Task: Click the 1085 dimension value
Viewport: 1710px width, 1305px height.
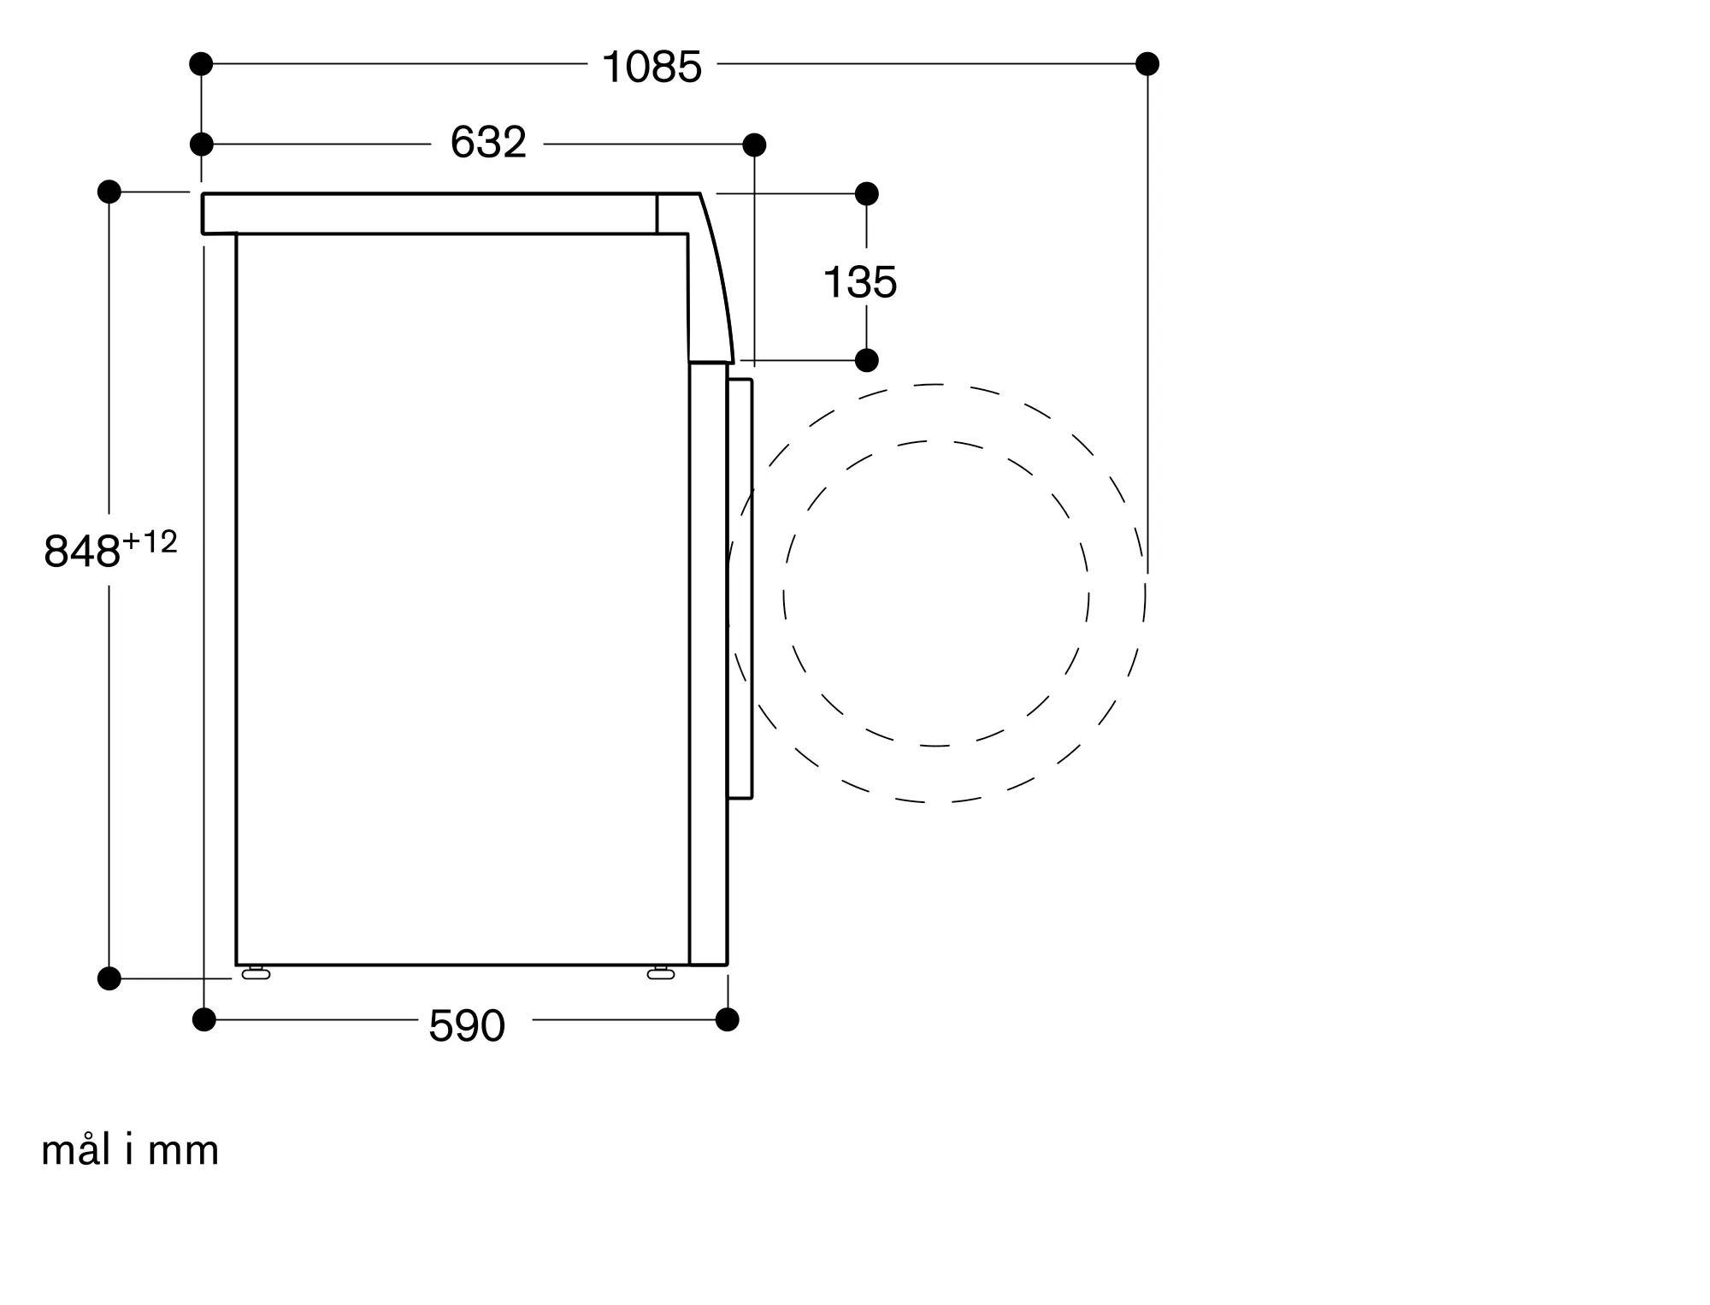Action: pyautogui.click(x=652, y=67)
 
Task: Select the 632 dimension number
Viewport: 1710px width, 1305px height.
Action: pyautogui.click(x=488, y=143)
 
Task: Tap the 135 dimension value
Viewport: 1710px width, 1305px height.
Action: pyautogui.click(x=860, y=282)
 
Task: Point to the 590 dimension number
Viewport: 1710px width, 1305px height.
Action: pyautogui.click(x=467, y=1025)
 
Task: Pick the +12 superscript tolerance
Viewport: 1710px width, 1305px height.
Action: pyautogui.click(x=150, y=541)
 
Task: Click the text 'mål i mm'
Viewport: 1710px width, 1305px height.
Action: pyautogui.click(x=130, y=1150)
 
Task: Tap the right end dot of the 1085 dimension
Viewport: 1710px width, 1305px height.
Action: pyautogui.click(x=1147, y=63)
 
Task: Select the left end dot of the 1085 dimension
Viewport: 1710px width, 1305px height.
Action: pyautogui.click(x=201, y=63)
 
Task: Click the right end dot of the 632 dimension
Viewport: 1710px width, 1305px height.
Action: pyautogui.click(x=754, y=145)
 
